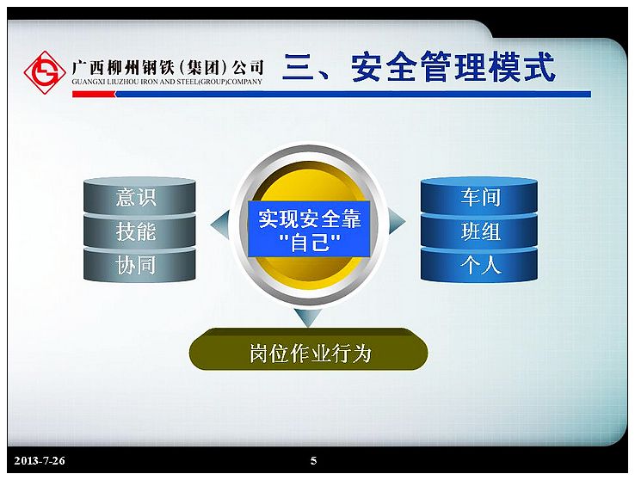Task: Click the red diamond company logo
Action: [45, 72]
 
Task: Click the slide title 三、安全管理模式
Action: [419, 67]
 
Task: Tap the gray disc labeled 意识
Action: [139, 196]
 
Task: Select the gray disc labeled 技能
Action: [139, 231]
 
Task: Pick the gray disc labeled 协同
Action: [139, 265]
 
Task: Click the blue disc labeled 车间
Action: [479, 196]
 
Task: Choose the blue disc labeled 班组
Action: [479, 231]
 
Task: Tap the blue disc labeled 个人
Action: [479, 265]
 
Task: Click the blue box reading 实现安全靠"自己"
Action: [309, 229]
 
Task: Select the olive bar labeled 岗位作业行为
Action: [309, 350]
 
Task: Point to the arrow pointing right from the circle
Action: [397, 221]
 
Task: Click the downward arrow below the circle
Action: [308, 317]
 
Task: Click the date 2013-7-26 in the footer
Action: [40, 460]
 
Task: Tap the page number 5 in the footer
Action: [313, 460]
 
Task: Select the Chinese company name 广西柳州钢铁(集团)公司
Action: [168, 67]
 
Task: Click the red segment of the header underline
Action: [94, 94]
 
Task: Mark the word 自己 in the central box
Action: [310, 243]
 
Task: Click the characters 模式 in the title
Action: [521, 67]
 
